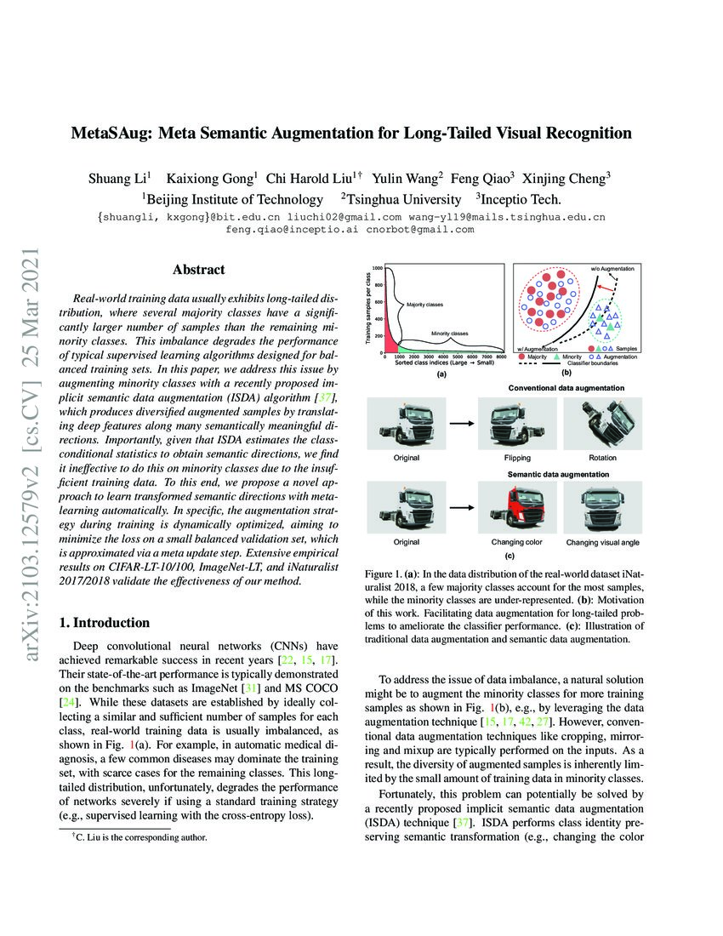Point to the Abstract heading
(198, 270)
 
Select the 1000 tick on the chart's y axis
(377, 269)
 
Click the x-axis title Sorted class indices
(442, 362)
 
